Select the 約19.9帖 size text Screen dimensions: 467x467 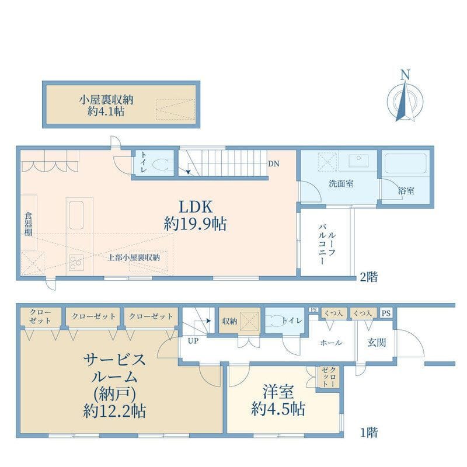(195, 223)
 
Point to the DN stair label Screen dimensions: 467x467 (273, 164)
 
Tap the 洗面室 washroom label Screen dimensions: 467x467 (340, 183)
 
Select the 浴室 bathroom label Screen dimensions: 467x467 (406, 190)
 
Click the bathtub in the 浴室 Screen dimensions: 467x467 (407, 165)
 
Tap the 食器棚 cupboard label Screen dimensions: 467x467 (28, 224)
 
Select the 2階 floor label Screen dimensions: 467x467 (368, 277)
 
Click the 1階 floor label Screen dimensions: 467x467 (368, 433)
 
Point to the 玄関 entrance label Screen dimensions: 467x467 (377, 343)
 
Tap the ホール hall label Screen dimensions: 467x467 (331, 343)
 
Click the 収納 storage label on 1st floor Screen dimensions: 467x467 (228, 320)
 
